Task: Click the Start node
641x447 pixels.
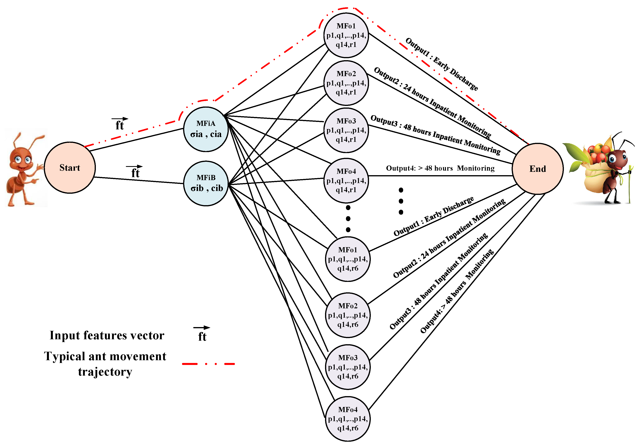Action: coord(70,167)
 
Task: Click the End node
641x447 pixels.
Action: coord(537,169)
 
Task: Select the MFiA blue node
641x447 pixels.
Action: coord(206,129)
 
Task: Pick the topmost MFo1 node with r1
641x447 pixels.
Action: coord(346,35)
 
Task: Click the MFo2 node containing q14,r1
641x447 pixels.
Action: coord(346,83)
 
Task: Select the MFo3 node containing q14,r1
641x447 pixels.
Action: coord(346,130)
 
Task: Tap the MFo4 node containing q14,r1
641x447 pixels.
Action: coord(346,181)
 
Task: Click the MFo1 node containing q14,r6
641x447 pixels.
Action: coord(348,259)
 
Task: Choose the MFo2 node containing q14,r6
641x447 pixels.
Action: coord(348,315)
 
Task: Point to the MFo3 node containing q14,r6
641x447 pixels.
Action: coord(348,367)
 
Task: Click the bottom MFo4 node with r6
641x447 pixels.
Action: coord(348,419)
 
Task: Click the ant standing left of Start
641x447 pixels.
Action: coord(24,170)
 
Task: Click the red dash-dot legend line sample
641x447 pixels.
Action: coord(208,364)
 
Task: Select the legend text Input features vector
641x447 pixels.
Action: coord(107,335)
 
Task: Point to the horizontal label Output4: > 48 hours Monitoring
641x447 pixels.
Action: coord(440,168)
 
